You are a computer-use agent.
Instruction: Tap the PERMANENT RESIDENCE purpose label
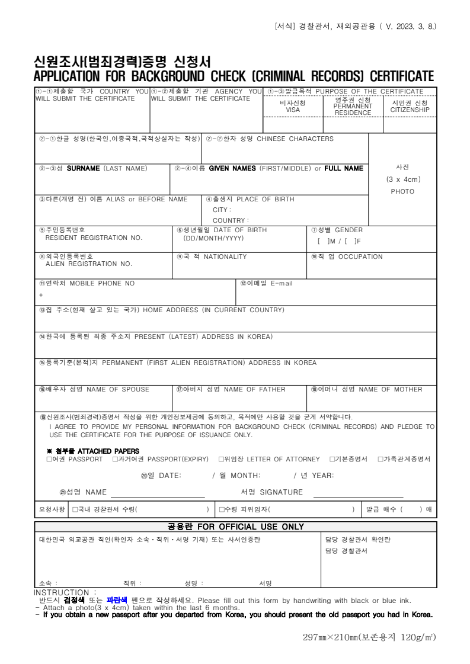tap(353, 106)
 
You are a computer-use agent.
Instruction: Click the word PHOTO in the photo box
tap(402, 191)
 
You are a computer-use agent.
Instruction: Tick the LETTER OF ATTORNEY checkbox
tap(221, 459)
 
